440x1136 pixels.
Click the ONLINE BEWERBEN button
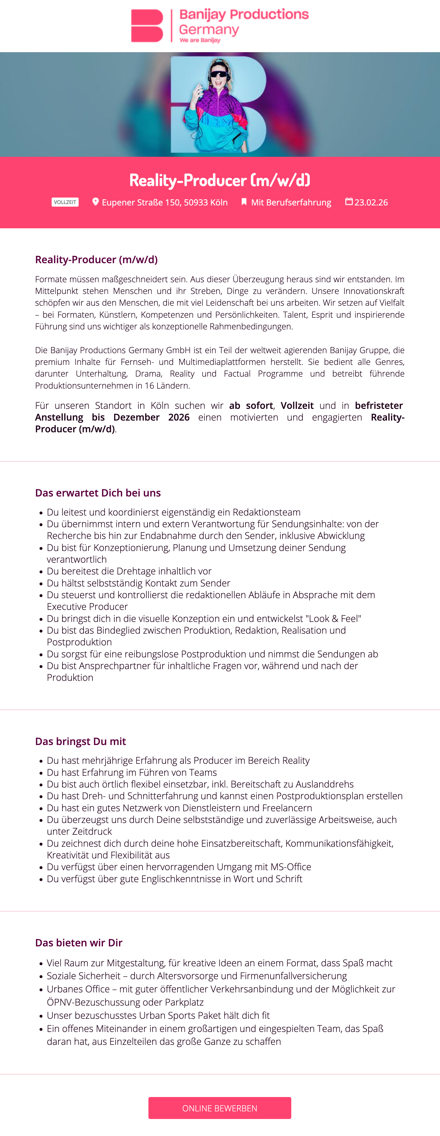[x=219, y=1108]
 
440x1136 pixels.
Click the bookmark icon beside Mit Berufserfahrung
[x=243, y=202]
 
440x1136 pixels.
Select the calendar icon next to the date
[x=349, y=202]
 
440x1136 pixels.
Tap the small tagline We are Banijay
[x=200, y=40]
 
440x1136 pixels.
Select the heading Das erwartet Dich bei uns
[x=98, y=493]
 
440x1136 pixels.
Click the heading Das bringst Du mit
[x=80, y=741]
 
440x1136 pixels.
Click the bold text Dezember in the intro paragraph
[x=136, y=417]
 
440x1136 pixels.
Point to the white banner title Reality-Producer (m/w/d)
[x=219, y=180]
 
